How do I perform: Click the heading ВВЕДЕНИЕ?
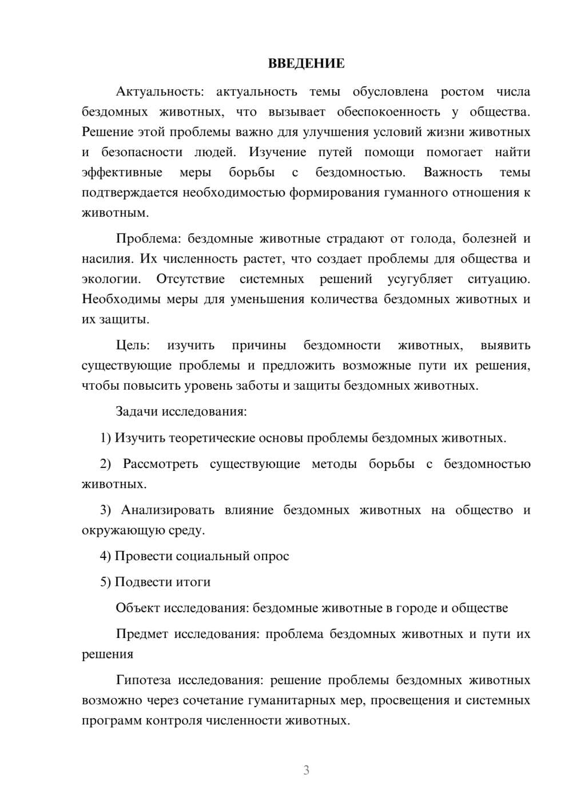[306, 64]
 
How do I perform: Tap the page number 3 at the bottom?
[306, 770]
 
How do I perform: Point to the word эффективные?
[122, 172]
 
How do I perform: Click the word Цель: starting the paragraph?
[133, 345]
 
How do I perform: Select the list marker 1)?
[105, 438]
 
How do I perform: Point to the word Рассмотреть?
[160, 464]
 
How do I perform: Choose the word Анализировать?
[168, 510]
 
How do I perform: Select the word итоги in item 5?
[194, 582]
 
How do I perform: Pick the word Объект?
[138, 608]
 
